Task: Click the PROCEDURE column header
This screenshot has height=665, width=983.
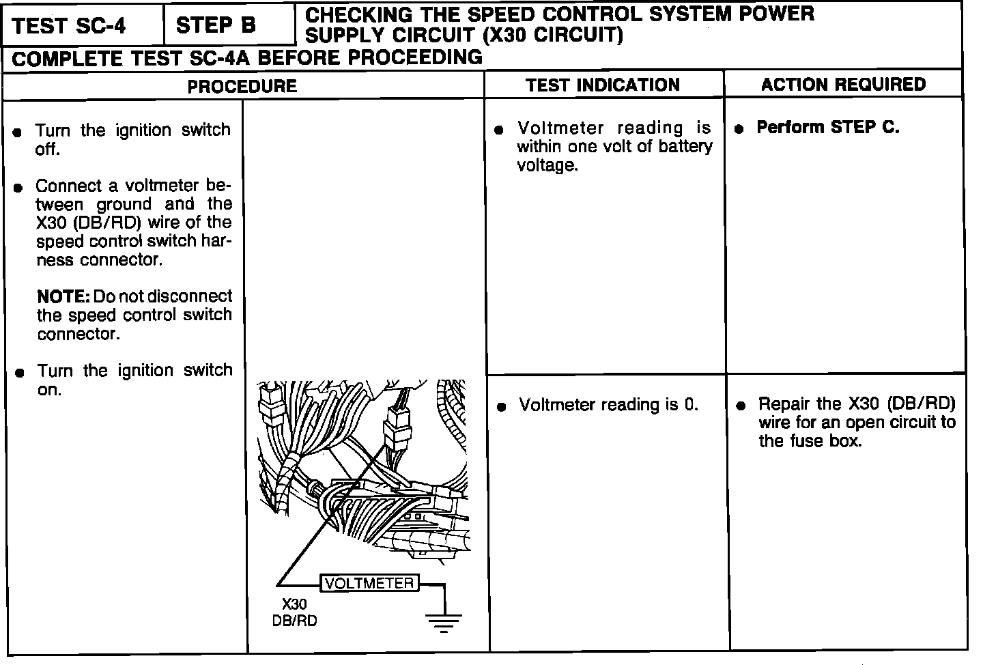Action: tap(242, 86)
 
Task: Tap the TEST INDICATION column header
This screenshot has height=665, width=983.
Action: tap(603, 85)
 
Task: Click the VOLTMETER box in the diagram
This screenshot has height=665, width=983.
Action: tap(369, 583)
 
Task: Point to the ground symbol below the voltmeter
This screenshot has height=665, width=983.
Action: tap(444, 621)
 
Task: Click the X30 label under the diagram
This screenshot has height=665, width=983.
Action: tap(294, 604)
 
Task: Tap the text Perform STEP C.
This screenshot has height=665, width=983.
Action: tap(828, 128)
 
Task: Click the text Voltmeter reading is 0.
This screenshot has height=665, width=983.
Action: tap(609, 405)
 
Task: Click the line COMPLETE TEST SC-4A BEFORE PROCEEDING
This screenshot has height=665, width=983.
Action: tap(247, 58)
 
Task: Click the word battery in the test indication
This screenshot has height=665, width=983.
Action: tap(685, 146)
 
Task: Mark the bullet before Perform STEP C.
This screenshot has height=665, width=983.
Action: tap(739, 129)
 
